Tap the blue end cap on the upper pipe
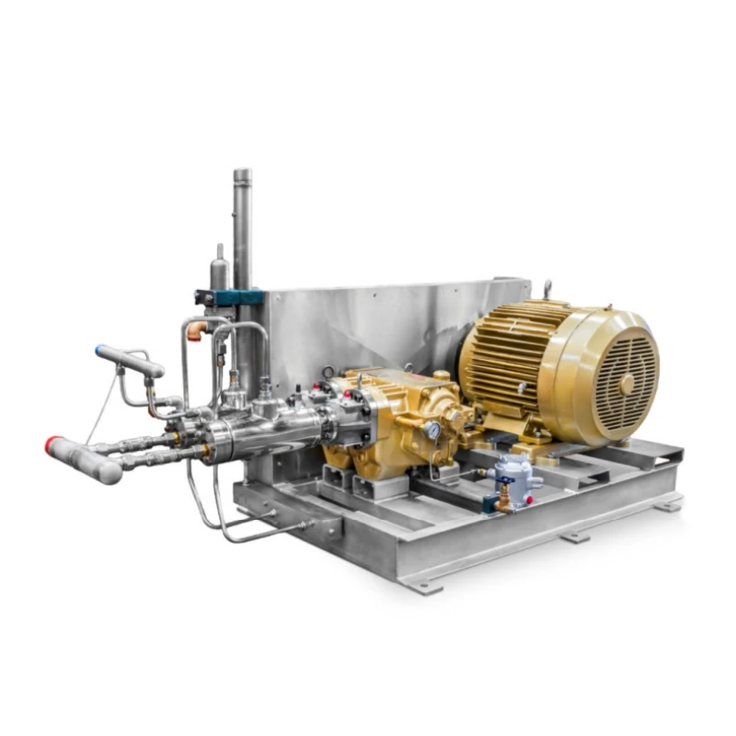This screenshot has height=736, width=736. [99, 350]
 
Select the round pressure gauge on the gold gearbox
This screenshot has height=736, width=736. [431, 429]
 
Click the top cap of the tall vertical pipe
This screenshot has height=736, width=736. [242, 174]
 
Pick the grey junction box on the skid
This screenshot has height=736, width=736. [513, 474]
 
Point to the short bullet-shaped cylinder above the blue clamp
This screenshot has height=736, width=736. [219, 267]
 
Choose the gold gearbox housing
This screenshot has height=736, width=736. [396, 405]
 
